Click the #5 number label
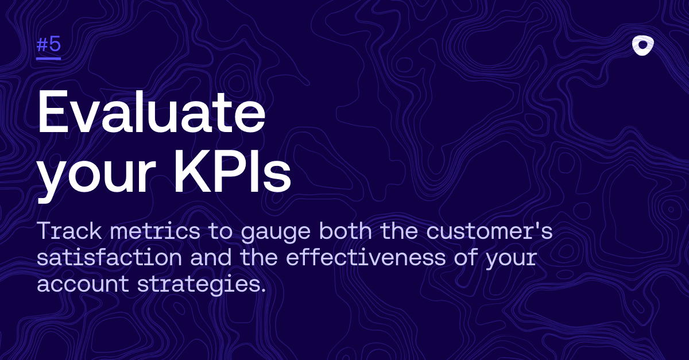(x=49, y=44)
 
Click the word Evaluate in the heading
(x=151, y=112)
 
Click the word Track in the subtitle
(x=69, y=231)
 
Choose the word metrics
(x=155, y=231)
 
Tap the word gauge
(x=276, y=233)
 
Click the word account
(x=83, y=284)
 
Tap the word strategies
(x=198, y=285)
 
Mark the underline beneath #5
(x=49, y=58)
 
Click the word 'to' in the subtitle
(x=220, y=231)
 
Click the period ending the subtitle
(x=262, y=289)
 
